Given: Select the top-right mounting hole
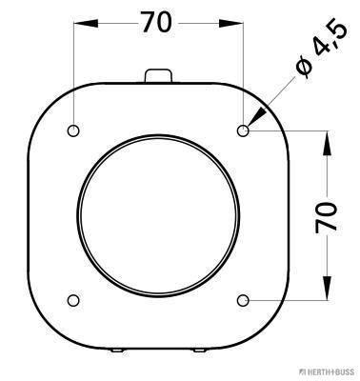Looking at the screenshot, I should point(244,130).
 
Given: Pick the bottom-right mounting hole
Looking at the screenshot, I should point(244,301).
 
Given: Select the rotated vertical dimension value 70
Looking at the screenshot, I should point(326,216).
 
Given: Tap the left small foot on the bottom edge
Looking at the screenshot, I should point(114,351).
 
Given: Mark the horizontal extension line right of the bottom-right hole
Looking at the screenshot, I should point(295,301).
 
